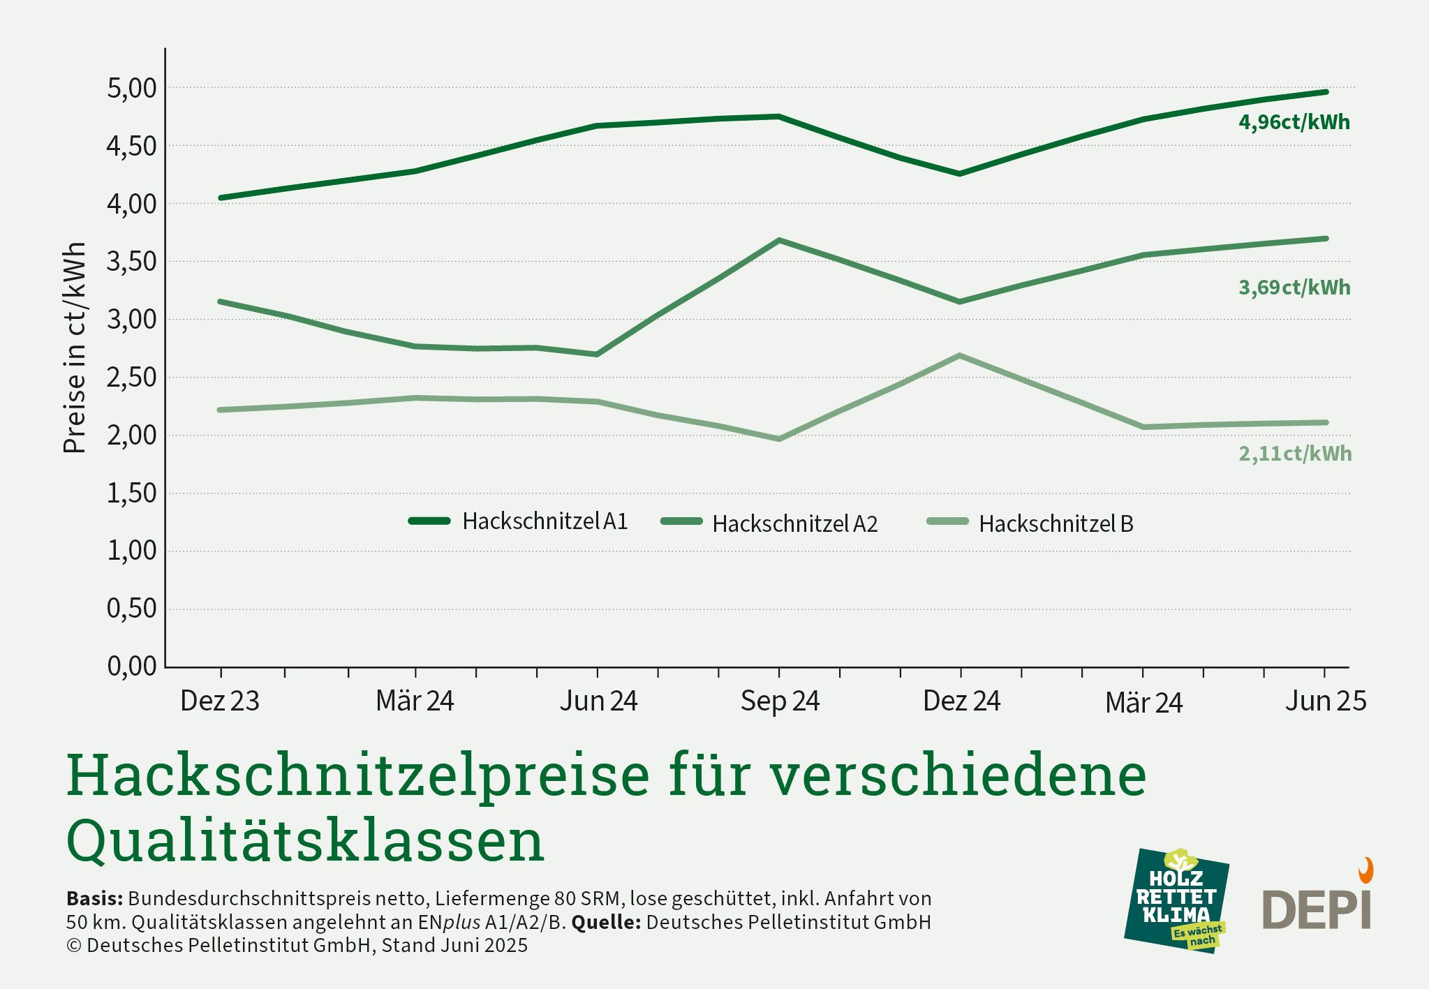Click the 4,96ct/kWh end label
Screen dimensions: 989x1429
(1294, 122)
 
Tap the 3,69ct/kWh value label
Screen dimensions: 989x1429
(1294, 288)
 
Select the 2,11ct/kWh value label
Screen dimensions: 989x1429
(1294, 454)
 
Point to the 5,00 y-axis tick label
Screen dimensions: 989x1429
(132, 89)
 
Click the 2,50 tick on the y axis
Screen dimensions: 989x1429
(132, 378)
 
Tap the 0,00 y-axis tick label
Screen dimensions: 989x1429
(132, 667)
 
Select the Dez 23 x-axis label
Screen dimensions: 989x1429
(220, 701)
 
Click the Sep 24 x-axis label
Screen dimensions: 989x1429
(780, 701)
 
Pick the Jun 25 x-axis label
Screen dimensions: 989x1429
(1325, 701)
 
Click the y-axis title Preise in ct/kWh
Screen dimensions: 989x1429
(75, 348)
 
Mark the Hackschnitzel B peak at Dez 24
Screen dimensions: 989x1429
(961, 356)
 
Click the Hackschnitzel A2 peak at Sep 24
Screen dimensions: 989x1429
(779, 241)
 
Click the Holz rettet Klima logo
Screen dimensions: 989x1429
(1177, 900)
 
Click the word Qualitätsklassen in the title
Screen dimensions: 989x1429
(305, 840)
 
